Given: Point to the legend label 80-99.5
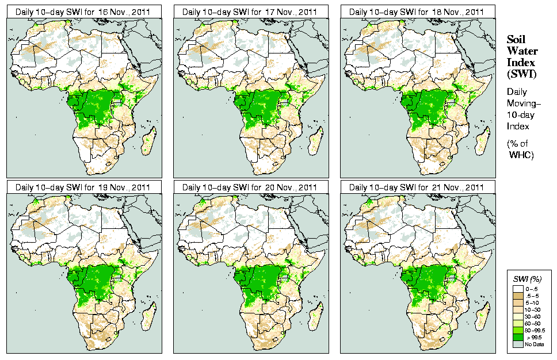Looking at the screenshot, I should [x=536, y=330].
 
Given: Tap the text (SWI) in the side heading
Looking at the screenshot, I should [x=520, y=74].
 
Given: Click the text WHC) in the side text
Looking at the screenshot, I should [x=522, y=155].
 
